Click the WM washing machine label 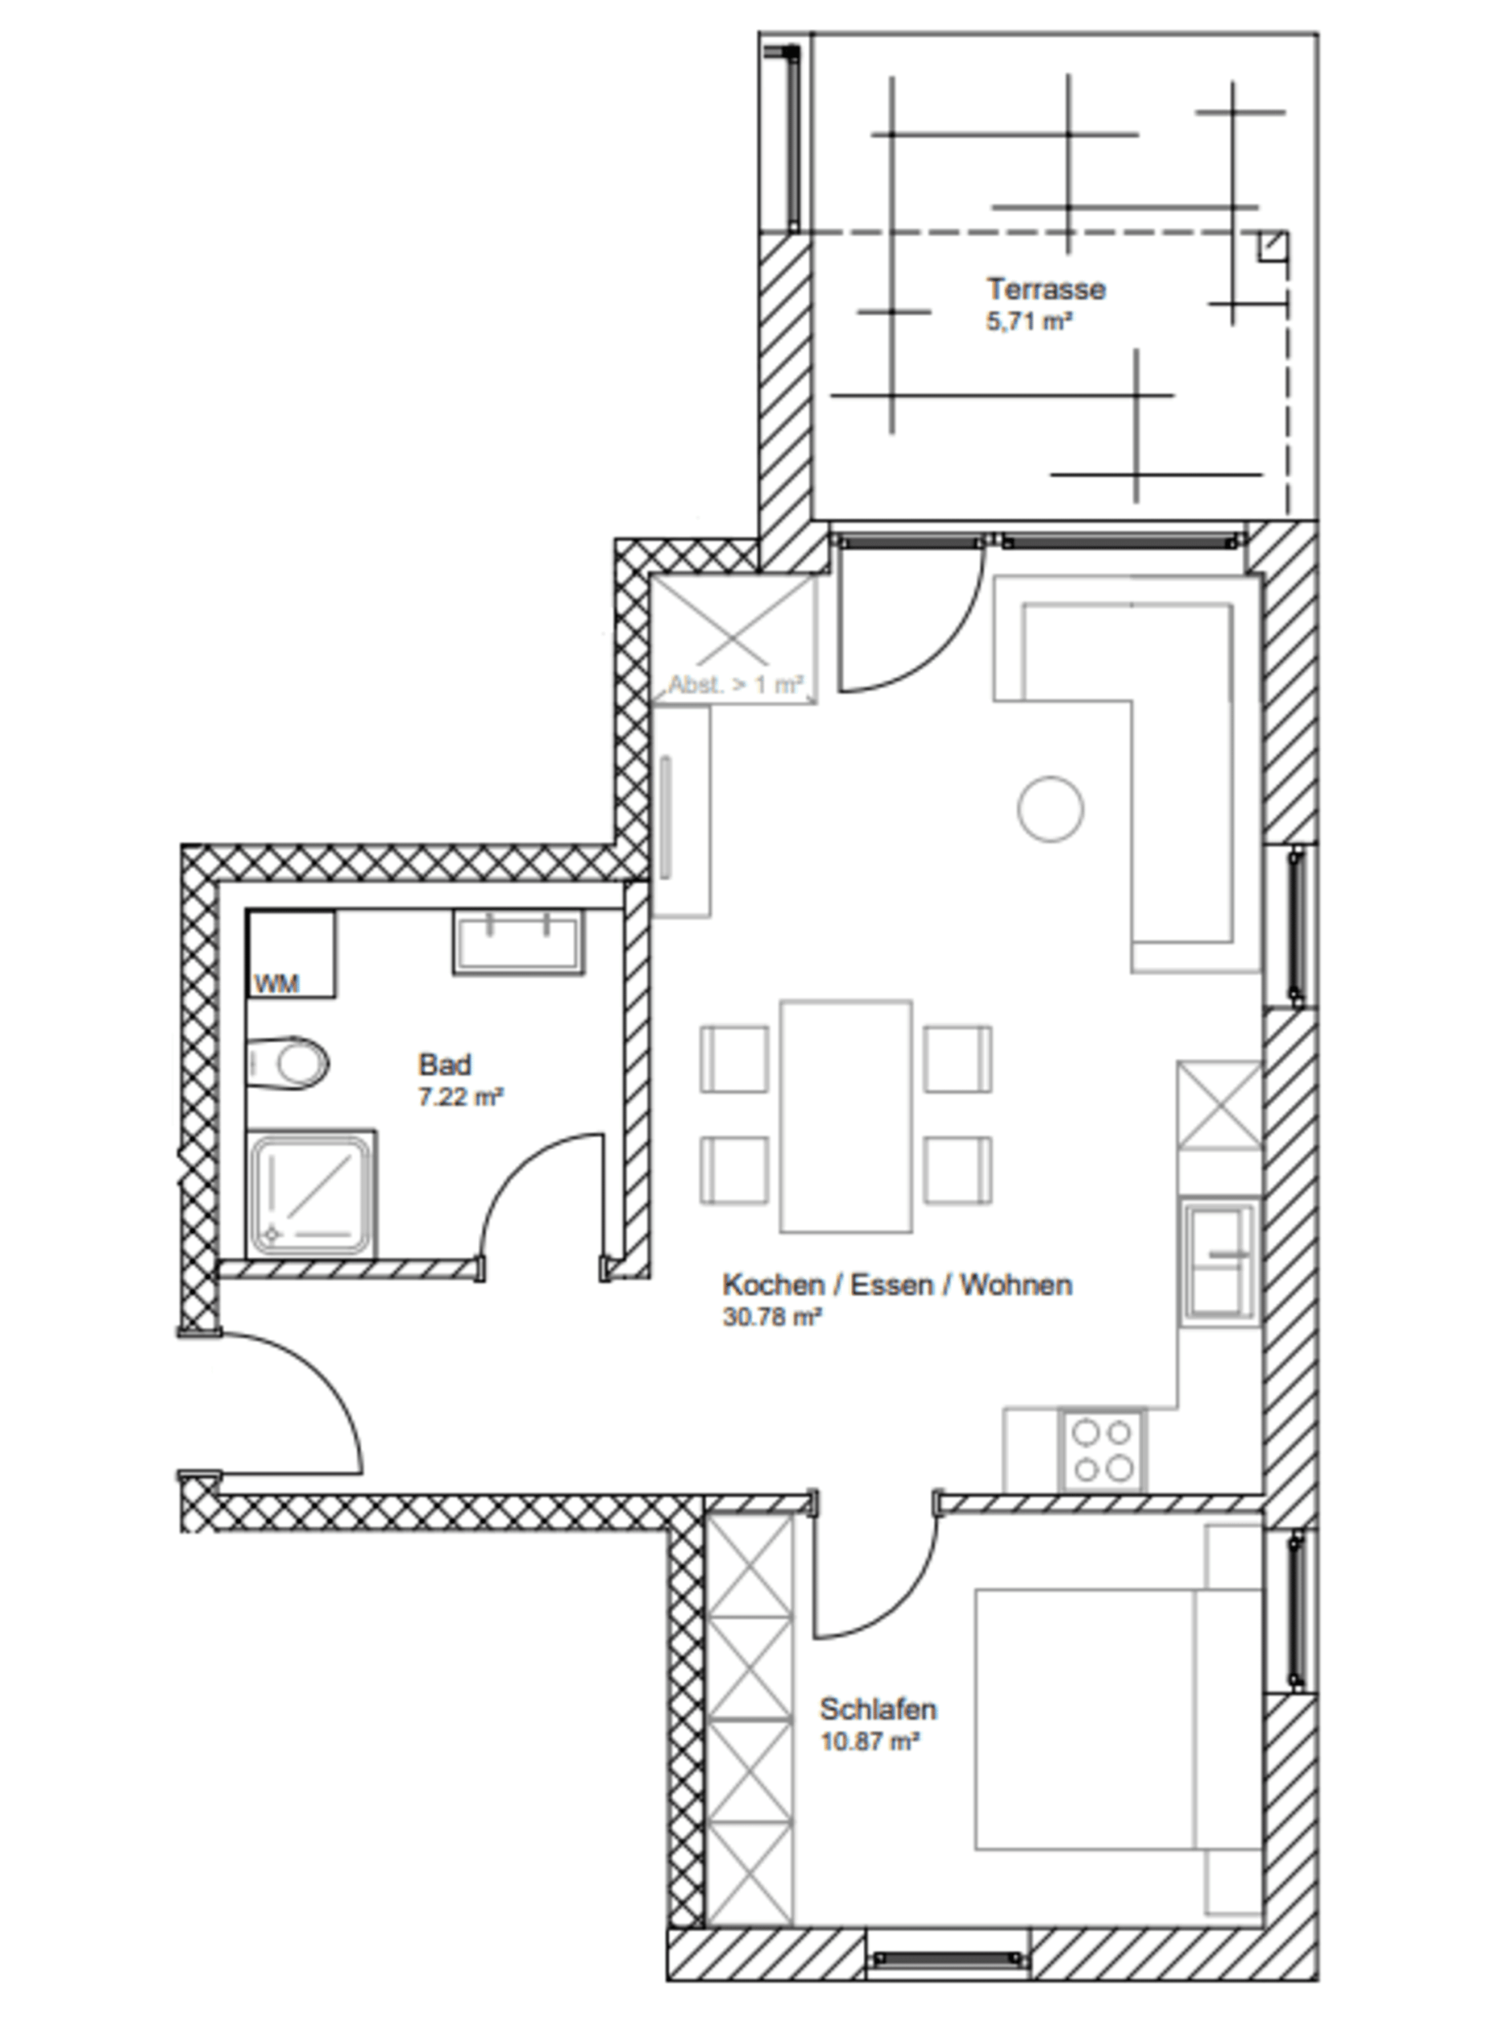click(x=276, y=983)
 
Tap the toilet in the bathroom click(x=288, y=1063)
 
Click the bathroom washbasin click(x=518, y=941)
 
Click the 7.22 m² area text click(x=461, y=1096)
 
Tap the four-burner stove click(x=1101, y=1451)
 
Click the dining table click(x=845, y=1116)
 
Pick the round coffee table click(x=1051, y=808)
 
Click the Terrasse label click(x=1046, y=289)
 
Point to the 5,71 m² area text click(x=1029, y=321)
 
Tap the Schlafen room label click(x=878, y=1708)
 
